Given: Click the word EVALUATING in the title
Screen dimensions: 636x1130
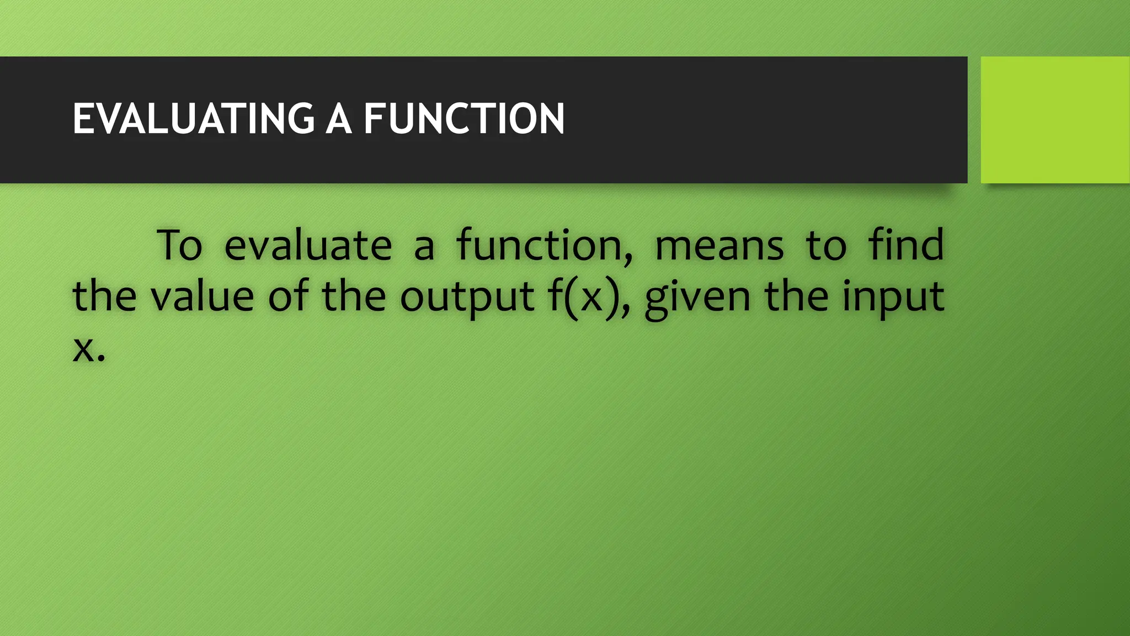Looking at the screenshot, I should point(194,119).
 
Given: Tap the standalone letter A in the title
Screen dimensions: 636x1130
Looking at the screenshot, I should point(338,119).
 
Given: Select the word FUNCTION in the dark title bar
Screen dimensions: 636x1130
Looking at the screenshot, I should point(464,119).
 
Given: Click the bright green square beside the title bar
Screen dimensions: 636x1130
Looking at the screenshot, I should point(1055,120).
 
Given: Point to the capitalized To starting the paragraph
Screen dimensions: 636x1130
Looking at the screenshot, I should point(179,245).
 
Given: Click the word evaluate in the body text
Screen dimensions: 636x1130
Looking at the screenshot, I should point(308,245).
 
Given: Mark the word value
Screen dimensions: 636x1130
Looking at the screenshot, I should point(202,296).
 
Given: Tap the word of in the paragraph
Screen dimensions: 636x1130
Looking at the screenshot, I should point(289,295).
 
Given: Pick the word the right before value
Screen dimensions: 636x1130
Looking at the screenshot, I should point(104,296).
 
